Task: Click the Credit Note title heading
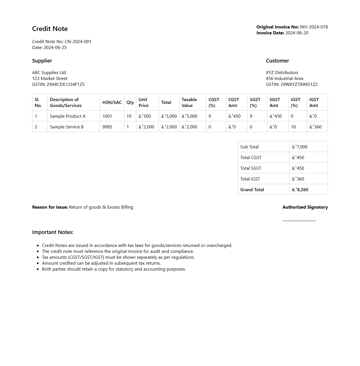tap(50, 29)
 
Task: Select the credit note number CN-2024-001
tap(78, 42)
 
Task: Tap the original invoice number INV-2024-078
tap(314, 27)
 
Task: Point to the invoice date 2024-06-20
tap(297, 33)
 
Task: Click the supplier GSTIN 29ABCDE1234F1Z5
tap(65, 84)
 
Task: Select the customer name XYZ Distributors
tap(282, 73)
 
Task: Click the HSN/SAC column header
tap(112, 102)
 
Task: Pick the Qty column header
tap(130, 102)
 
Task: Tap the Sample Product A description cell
tap(68, 116)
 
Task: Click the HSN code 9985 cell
tap(107, 127)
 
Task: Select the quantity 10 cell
tap(129, 116)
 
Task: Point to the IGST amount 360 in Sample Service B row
tap(315, 127)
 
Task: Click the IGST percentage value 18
tap(293, 127)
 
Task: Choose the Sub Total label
tap(249, 147)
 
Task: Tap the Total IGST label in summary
tap(250, 179)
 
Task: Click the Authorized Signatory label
tap(305, 207)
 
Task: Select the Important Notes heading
tap(53, 232)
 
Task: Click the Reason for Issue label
tap(50, 207)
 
